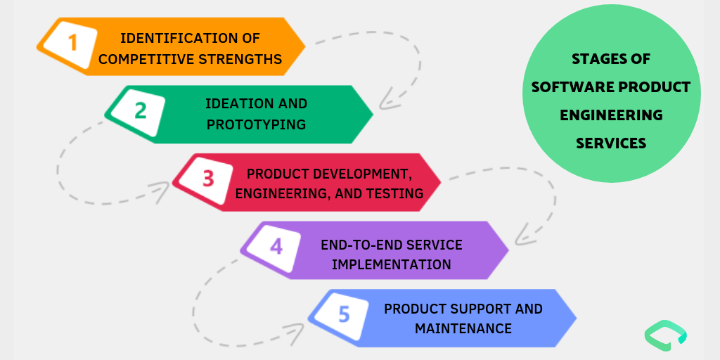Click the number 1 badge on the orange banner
[72, 44]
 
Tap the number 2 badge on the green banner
[140, 111]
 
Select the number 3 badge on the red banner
[208, 179]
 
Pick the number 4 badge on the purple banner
[276, 247]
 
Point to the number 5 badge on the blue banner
[344, 314]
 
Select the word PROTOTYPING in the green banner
[256, 124]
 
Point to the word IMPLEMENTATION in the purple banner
[392, 264]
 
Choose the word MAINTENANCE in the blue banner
[463, 328]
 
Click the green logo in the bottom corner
[665, 335]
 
